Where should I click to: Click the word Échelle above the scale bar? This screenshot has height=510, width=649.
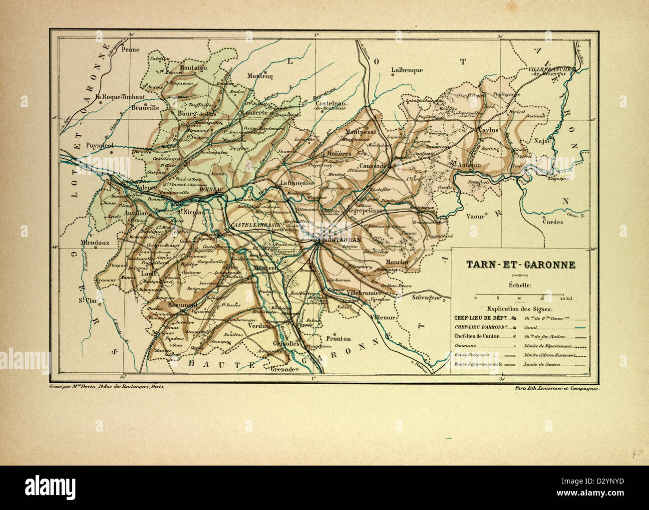click(x=520, y=285)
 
